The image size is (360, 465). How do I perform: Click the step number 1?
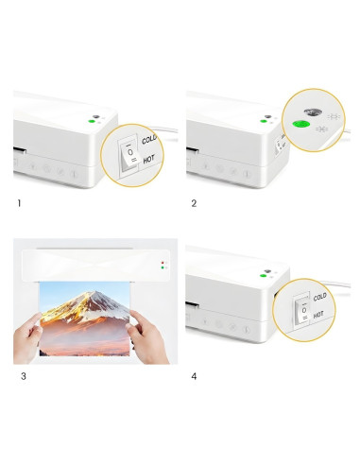[x=19, y=203]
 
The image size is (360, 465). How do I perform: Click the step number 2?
[x=194, y=203]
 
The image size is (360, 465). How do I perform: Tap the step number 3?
[x=24, y=376]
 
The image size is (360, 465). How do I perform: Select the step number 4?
[x=194, y=376]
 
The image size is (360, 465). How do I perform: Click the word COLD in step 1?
[x=149, y=139]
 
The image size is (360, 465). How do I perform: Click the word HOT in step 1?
[x=149, y=160]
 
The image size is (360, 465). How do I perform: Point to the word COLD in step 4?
[x=319, y=297]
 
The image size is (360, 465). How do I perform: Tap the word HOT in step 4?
[x=318, y=315]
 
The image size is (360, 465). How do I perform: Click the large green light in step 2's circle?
[x=300, y=125]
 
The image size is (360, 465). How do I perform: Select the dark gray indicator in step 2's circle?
[x=313, y=112]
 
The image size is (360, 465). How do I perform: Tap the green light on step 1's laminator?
[x=92, y=121]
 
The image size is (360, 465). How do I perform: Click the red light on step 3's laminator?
[x=163, y=262]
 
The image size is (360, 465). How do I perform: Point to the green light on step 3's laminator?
[x=163, y=267]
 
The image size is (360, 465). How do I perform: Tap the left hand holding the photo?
[x=27, y=337]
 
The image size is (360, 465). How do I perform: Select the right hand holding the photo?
[x=147, y=337]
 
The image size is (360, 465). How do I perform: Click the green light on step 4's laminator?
[x=263, y=276]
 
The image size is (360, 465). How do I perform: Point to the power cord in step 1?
[x=163, y=129]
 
